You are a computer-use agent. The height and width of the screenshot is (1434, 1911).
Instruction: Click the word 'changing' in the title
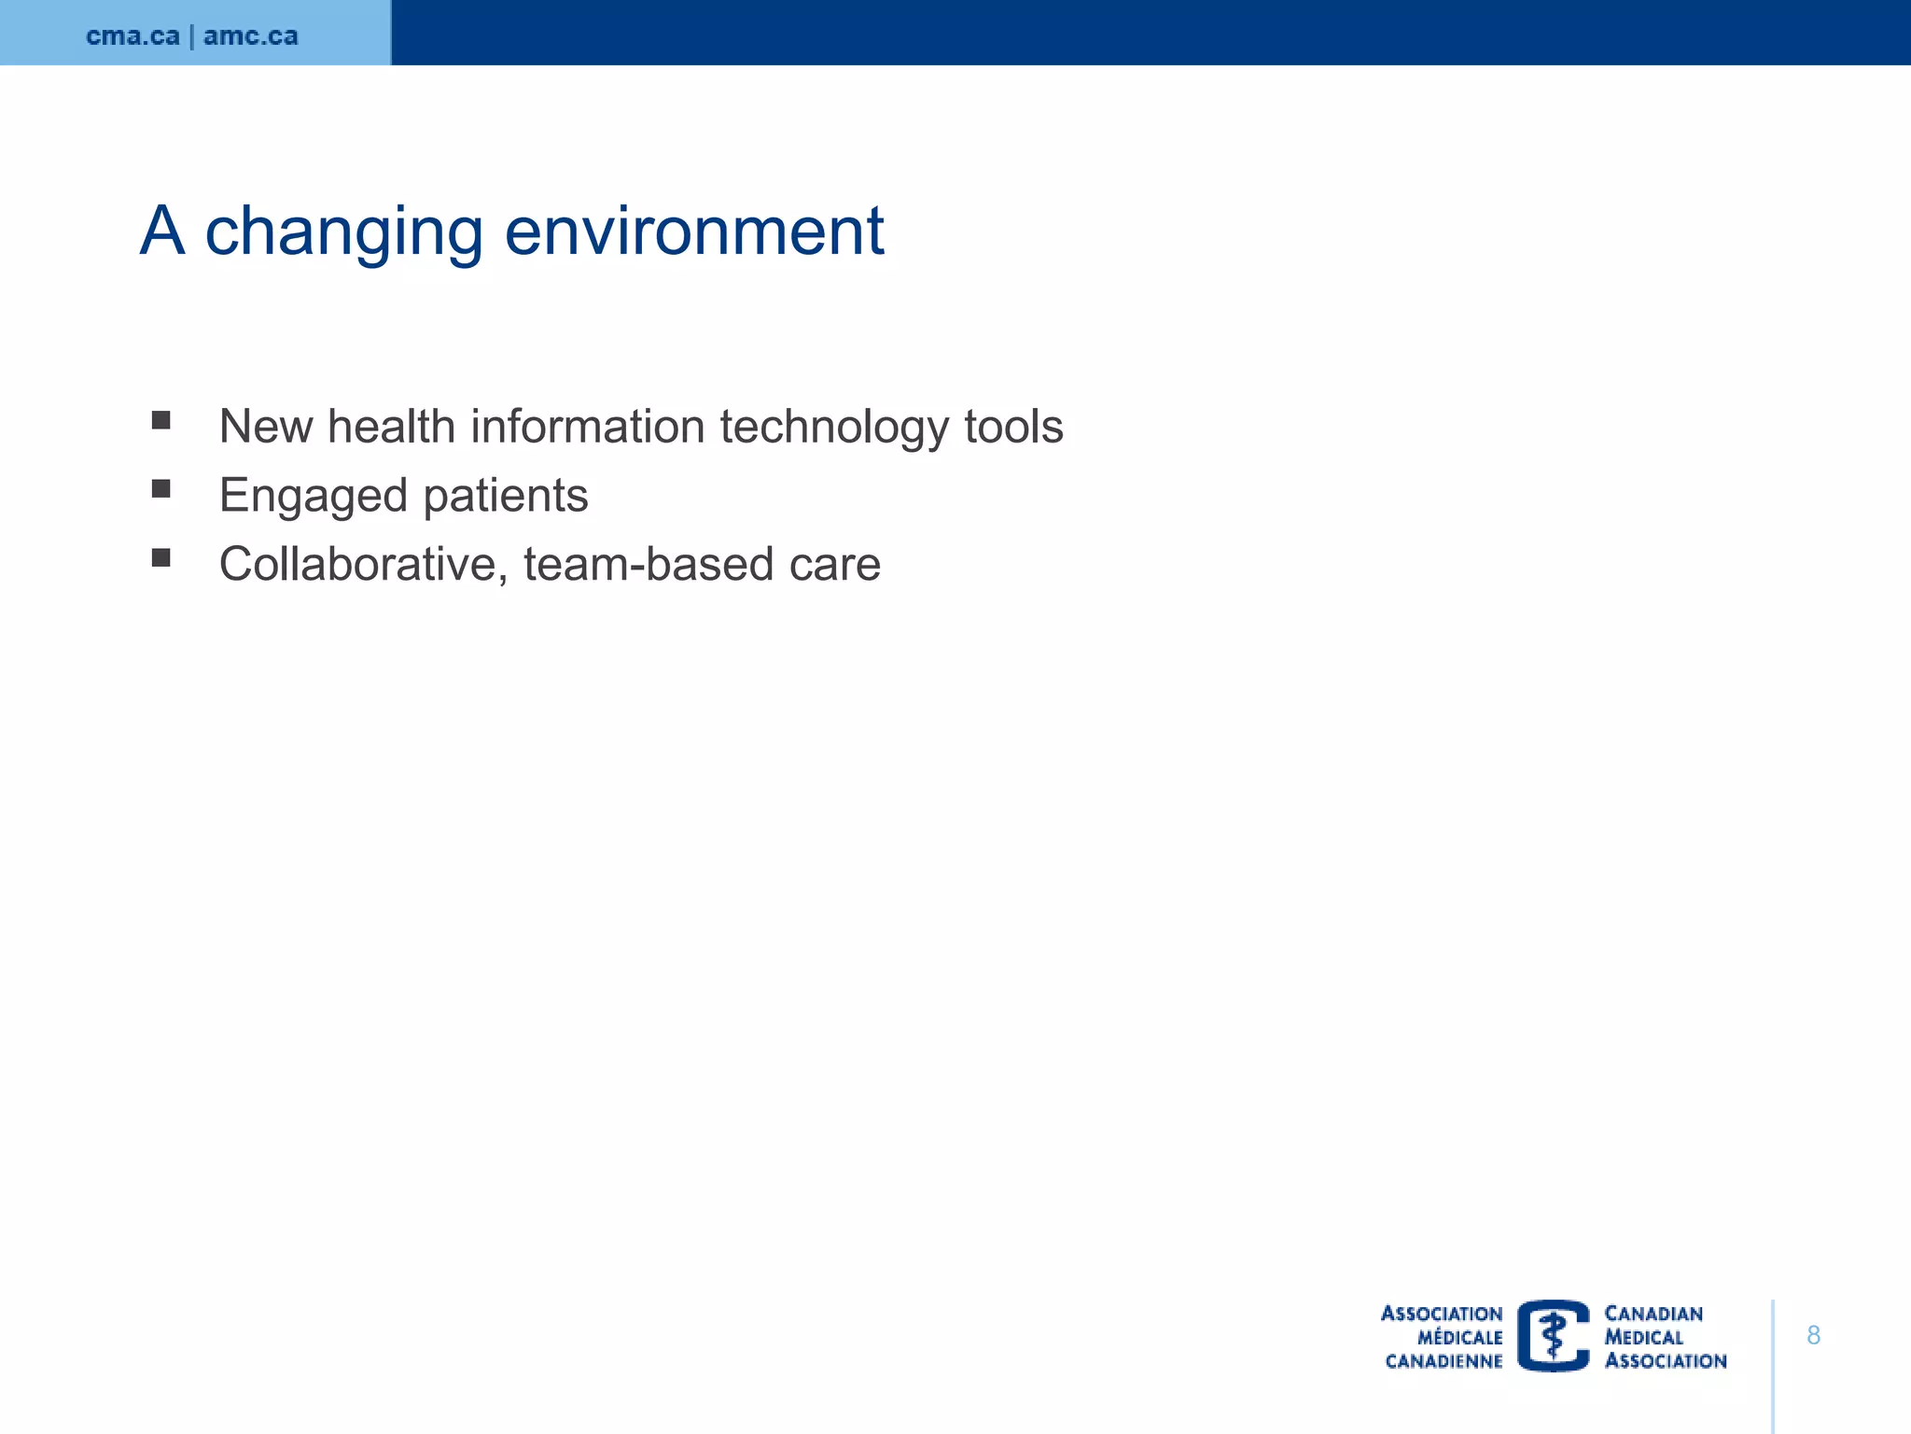click(x=343, y=232)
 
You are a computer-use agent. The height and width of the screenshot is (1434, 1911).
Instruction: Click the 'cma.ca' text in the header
click(x=133, y=36)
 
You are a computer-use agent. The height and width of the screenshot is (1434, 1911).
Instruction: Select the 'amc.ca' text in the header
click(x=250, y=36)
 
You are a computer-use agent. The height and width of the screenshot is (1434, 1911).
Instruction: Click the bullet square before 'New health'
click(x=161, y=420)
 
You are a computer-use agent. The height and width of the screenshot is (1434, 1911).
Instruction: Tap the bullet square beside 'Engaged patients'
click(x=161, y=489)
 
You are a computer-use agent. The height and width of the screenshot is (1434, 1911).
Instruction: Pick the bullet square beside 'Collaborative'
click(x=161, y=558)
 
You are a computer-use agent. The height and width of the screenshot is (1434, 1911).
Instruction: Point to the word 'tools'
click(x=1013, y=427)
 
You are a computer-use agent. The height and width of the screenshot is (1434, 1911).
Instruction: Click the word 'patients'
click(x=505, y=497)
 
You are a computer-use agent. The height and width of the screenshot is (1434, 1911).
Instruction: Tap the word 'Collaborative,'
click(x=363, y=565)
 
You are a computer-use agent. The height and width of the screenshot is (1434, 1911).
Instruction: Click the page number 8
click(x=1813, y=1335)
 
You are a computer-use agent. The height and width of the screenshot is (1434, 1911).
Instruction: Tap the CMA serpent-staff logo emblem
click(x=1553, y=1336)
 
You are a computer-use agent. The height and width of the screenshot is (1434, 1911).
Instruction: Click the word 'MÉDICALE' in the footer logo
click(x=1459, y=1338)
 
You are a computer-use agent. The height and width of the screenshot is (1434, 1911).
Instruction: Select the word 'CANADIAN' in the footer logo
click(x=1653, y=1314)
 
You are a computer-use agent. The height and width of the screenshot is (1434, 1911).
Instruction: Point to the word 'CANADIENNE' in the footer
click(x=1444, y=1361)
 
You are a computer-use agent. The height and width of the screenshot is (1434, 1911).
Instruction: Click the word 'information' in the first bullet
click(x=587, y=427)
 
